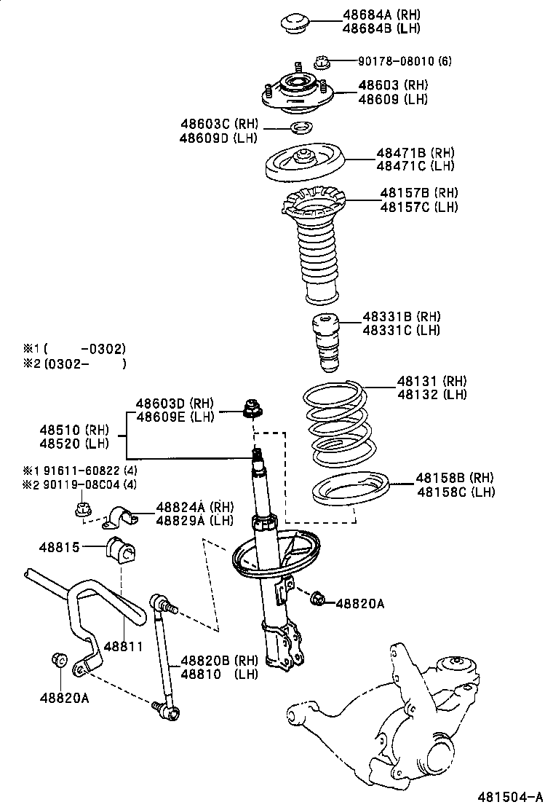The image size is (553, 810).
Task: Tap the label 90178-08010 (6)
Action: click(x=404, y=61)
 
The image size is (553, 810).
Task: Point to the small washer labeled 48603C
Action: click(x=300, y=130)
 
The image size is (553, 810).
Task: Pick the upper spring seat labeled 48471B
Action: click(x=303, y=167)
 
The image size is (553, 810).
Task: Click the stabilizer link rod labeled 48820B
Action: click(x=164, y=656)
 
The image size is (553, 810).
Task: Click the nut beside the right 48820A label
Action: click(x=317, y=600)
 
